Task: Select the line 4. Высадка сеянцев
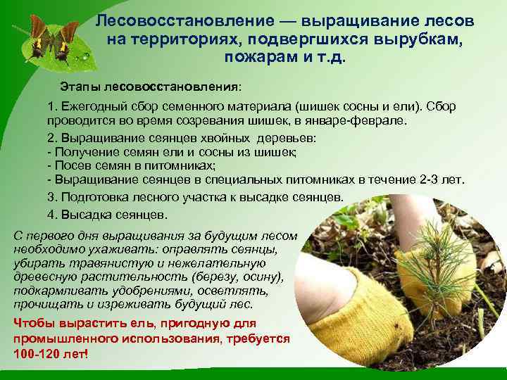tap(107, 213)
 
